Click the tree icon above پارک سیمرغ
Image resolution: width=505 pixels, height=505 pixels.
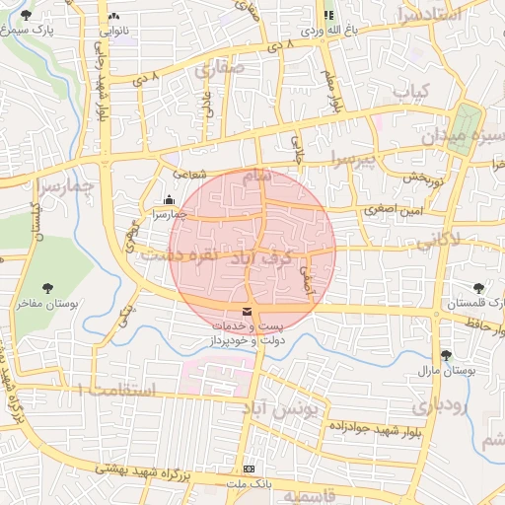pos(26,16)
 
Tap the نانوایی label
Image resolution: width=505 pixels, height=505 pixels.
pos(113,31)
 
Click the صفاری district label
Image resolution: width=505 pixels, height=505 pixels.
pos(219,70)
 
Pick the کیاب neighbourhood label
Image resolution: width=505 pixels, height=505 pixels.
pos(412,91)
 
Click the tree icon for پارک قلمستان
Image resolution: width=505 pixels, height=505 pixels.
pos(478,288)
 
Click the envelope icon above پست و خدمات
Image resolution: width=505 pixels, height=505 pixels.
pos(246,312)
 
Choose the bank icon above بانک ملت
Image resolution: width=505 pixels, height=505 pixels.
pos(249,469)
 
